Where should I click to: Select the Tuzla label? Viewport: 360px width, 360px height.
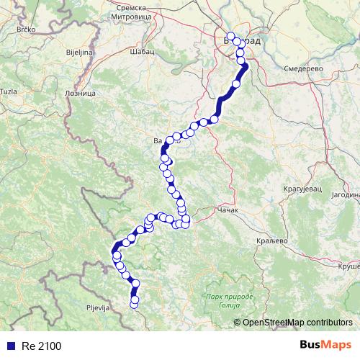9,91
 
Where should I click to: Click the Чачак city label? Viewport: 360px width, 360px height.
227,211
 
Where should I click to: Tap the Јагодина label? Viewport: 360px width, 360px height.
341,194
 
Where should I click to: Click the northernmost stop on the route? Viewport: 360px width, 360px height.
230,37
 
